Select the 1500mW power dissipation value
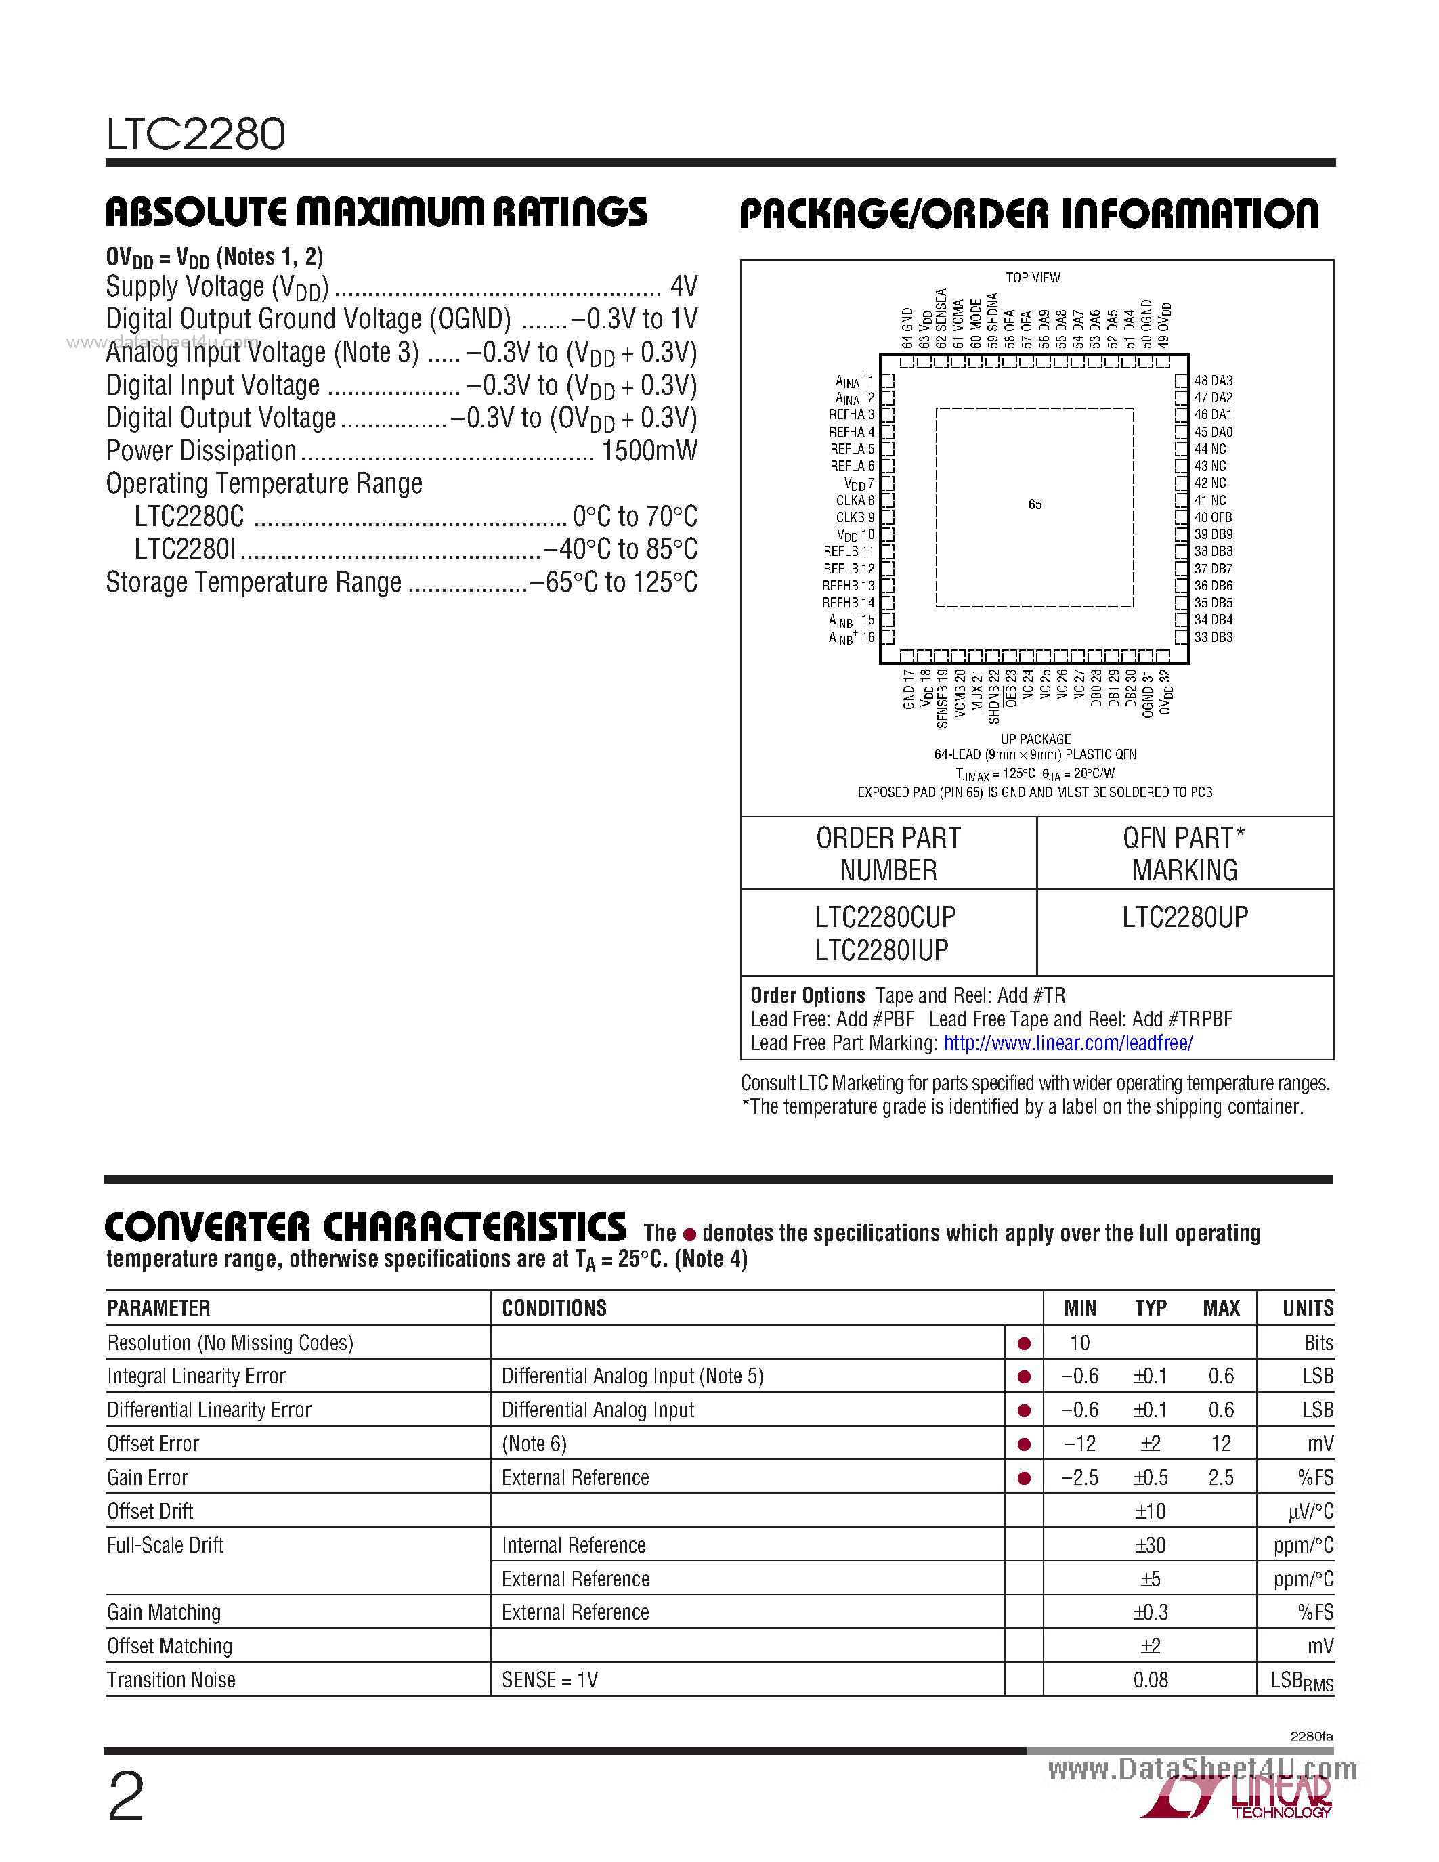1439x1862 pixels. (649, 451)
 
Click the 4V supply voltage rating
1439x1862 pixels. (684, 286)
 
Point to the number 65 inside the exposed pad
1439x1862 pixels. (1035, 504)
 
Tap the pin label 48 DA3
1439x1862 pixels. (1213, 381)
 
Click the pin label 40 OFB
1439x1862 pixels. (1213, 517)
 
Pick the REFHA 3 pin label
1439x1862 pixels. (852, 414)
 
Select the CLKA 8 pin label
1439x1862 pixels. (855, 500)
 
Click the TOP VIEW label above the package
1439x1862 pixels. (1033, 278)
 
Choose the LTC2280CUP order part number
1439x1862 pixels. (885, 917)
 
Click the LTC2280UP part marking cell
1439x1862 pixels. (1184, 917)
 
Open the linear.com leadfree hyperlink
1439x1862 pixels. (1067, 1043)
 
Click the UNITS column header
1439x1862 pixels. (1307, 1308)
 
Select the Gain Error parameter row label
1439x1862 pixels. (148, 1477)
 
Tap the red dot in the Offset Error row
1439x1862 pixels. (1024, 1444)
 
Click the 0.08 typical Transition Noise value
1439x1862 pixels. (1150, 1680)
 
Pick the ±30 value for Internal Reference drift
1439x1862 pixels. (1150, 1545)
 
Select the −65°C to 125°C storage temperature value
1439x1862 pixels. (613, 582)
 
